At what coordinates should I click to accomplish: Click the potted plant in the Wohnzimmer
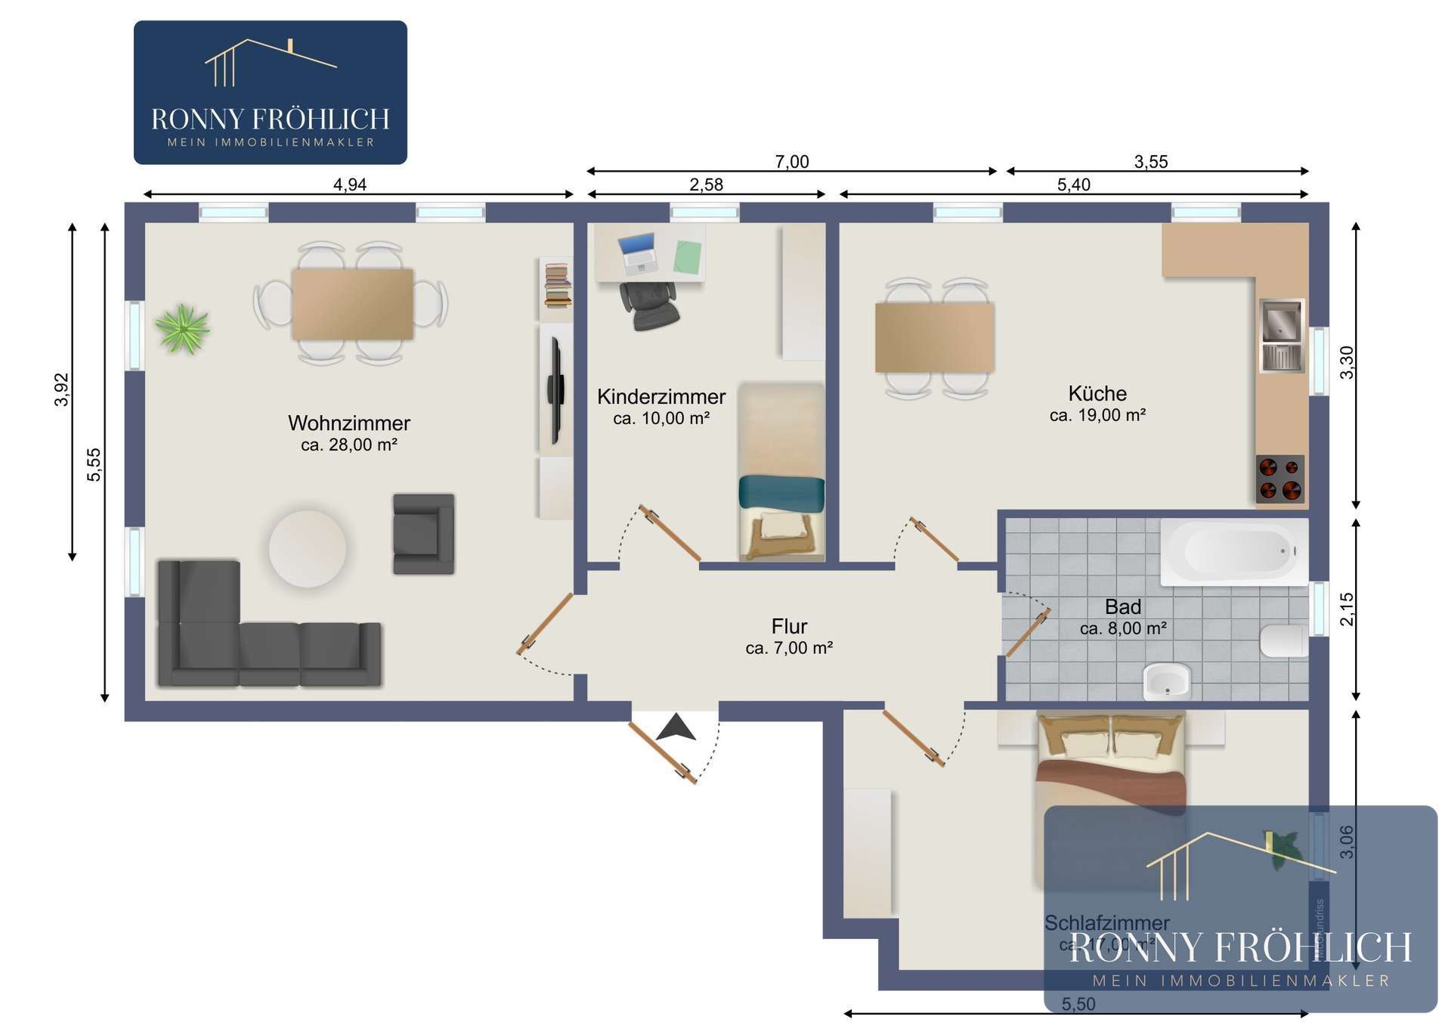pyautogui.click(x=181, y=329)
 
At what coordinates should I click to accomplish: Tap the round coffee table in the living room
pyautogui.click(x=308, y=548)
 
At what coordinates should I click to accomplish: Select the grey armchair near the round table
pyautogui.click(x=423, y=533)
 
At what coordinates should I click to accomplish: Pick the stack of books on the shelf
pyautogui.click(x=558, y=285)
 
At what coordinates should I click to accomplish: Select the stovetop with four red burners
pyautogui.click(x=1280, y=479)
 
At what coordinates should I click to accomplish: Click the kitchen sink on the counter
pyautogui.click(x=1282, y=336)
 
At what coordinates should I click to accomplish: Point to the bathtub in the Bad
pyautogui.click(x=1233, y=551)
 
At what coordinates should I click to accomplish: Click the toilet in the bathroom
pyautogui.click(x=1283, y=640)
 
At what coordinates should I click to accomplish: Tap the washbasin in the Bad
pyautogui.click(x=1167, y=680)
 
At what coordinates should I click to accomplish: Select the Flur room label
pyautogui.click(x=789, y=626)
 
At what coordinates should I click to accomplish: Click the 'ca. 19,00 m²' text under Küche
pyautogui.click(x=1097, y=415)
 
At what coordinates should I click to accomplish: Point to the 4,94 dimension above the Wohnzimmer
pyautogui.click(x=350, y=184)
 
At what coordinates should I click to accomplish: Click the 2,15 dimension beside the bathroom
pyautogui.click(x=1347, y=609)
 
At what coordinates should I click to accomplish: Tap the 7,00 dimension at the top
pyautogui.click(x=791, y=162)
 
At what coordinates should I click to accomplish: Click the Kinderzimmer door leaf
pyautogui.click(x=670, y=533)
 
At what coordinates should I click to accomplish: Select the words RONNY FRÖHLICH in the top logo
pyautogui.click(x=270, y=119)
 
